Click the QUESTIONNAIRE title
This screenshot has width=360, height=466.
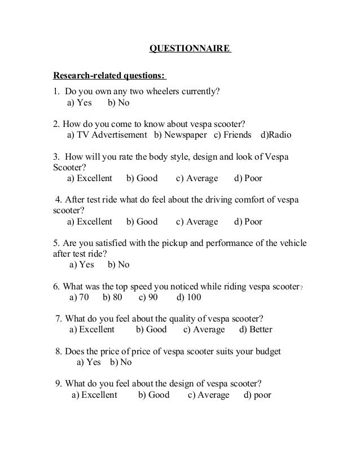pos(190,49)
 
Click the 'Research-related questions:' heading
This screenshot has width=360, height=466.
pos(109,76)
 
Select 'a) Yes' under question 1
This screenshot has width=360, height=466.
pos(80,103)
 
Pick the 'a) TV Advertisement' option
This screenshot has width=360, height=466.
pos(107,135)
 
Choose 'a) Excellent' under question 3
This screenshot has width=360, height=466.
pos(90,178)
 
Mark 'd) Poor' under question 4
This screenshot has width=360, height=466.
pos(248,222)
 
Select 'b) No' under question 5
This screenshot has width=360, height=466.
pos(118,265)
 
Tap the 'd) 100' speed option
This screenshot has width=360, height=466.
pos(189,297)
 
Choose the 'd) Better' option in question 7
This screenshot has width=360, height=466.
pos(256,329)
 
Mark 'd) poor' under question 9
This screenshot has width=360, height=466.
pos(257,395)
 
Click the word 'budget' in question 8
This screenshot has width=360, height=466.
pos(267,351)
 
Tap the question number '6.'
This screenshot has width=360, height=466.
pos(56,286)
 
